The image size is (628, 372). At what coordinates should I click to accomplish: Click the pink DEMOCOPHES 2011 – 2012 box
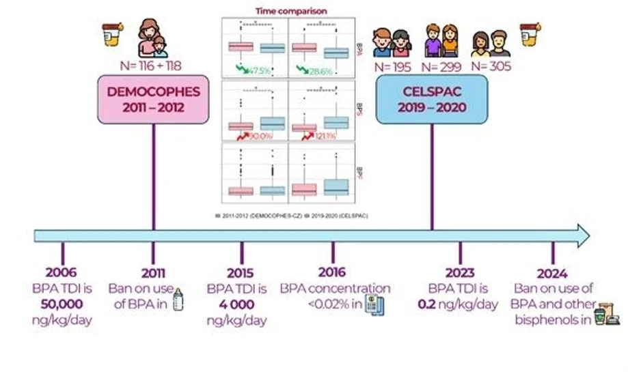point(152,100)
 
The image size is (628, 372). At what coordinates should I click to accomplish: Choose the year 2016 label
point(335,274)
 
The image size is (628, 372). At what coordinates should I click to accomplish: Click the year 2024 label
point(553,274)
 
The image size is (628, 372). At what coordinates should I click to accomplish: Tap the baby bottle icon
point(178,300)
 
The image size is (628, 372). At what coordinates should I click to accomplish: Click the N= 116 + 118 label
point(152,66)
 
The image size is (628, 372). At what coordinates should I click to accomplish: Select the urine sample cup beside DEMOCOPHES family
point(111,34)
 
